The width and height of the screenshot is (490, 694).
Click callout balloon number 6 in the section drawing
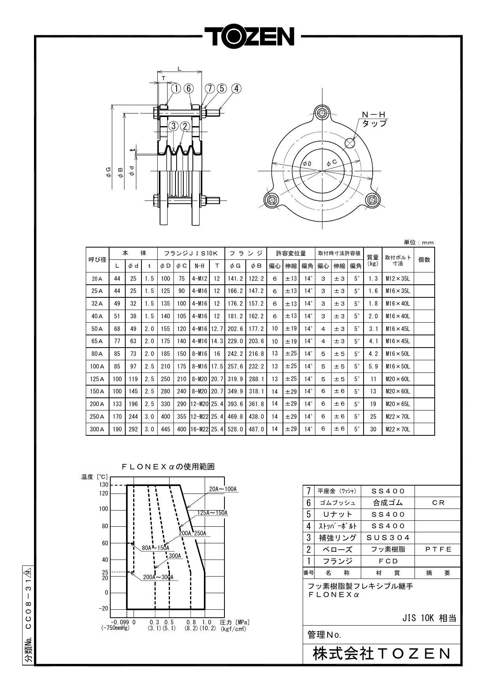click(189, 88)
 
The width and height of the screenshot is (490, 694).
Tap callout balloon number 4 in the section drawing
click(236, 88)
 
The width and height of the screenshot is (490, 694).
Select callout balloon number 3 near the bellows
click(173, 126)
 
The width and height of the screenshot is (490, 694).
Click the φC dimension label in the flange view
click(332, 163)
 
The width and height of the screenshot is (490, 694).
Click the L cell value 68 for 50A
click(117, 329)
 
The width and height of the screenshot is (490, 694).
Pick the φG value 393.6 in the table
click(235, 404)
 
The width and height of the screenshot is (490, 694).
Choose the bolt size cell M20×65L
click(398, 404)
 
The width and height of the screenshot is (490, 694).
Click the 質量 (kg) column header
click(373, 259)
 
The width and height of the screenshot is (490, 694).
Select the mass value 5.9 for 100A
click(373, 366)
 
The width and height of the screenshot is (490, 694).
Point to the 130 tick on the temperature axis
click(104, 485)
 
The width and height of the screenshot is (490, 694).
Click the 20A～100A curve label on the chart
click(222, 489)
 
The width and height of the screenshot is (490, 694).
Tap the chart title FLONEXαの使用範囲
click(168, 467)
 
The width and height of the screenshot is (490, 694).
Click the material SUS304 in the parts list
click(388, 537)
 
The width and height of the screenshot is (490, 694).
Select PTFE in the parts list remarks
click(438, 549)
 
